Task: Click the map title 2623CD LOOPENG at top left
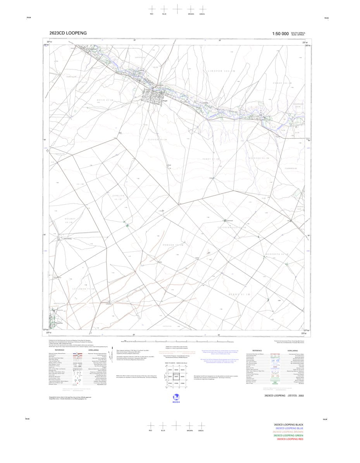(68, 33)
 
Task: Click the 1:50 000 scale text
(280, 34)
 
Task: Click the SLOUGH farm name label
(157, 139)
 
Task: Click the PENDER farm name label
(172, 245)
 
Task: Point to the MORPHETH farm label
(277, 254)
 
